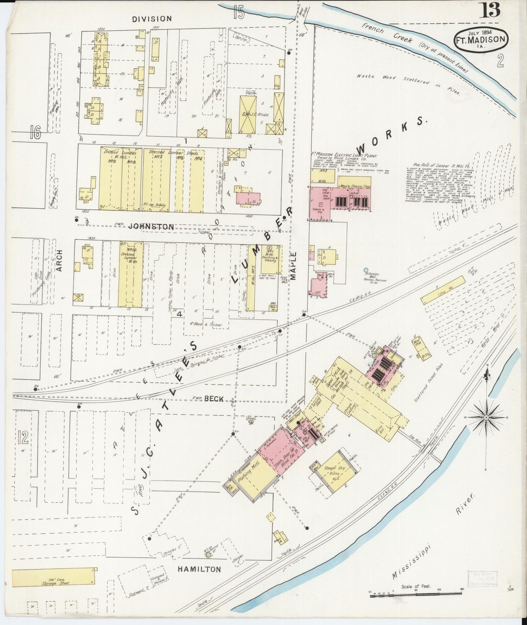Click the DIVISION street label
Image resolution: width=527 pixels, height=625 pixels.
[x=152, y=19]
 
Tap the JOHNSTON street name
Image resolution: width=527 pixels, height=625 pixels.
[x=151, y=227]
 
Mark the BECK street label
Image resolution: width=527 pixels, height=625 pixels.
[x=213, y=399]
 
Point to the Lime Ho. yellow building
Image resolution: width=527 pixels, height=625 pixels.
[x=443, y=290]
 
